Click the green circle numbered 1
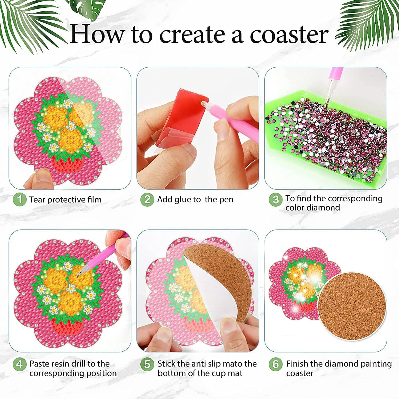[19, 199]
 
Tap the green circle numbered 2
[147, 199]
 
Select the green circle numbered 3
[276, 200]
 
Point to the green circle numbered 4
[19, 364]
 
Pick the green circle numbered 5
[147, 364]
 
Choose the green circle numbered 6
[276, 364]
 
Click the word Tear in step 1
[38, 199]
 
